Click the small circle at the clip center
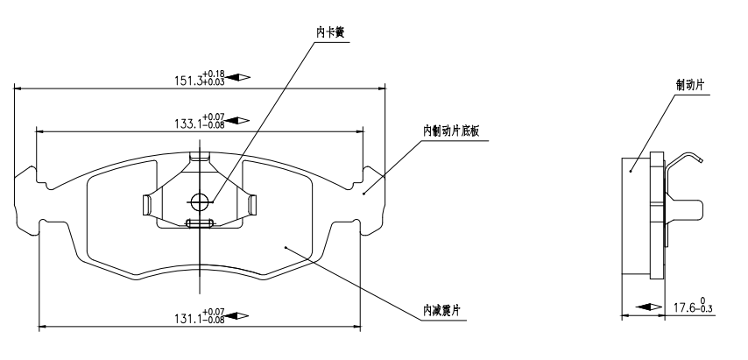click(x=201, y=201)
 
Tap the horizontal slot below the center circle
click(x=201, y=223)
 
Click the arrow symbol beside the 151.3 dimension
click(x=238, y=78)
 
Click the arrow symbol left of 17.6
click(x=646, y=307)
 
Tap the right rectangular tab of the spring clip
click(x=253, y=205)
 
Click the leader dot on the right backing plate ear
click(x=365, y=191)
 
